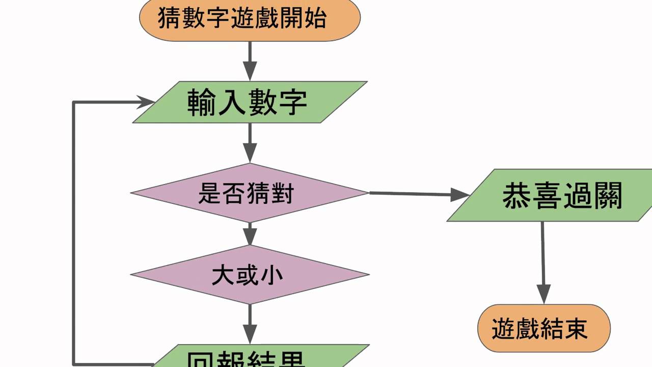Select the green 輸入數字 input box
(x=250, y=102)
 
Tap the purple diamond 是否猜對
(x=250, y=193)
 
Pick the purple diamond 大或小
(x=250, y=275)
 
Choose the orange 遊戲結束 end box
(x=543, y=328)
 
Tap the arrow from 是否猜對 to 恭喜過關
(x=418, y=194)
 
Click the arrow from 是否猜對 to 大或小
(x=250, y=234)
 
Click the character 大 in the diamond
(x=220, y=275)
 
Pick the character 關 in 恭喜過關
(x=608, y=196)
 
